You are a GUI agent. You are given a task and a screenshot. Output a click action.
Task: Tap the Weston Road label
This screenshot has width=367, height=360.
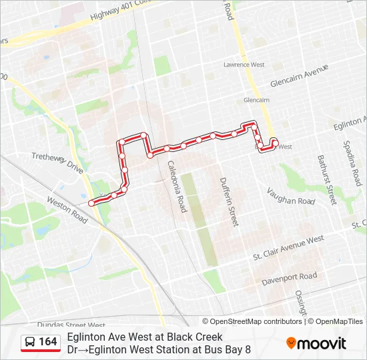(x=67, y=209)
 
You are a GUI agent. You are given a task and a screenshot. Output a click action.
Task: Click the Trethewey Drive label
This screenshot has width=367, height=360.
(x=57, y=163)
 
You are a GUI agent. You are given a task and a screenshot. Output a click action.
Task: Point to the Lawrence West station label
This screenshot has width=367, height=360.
(x=244, y=65)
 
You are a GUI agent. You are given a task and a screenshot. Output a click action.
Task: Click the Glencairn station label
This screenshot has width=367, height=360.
(x=256, y=100)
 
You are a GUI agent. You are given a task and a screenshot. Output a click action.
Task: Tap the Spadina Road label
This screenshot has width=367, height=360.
(x=353, y=163)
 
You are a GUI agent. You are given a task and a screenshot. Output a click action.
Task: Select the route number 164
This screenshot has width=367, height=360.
(x=47, y=342)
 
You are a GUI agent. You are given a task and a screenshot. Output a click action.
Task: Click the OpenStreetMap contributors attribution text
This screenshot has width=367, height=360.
(x=255, y=321)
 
